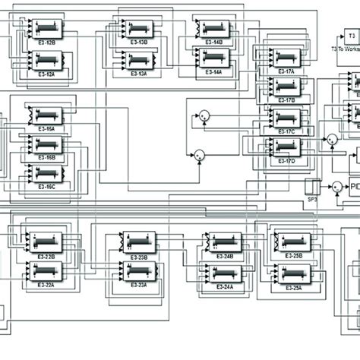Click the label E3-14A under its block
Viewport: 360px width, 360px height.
pos(212,71)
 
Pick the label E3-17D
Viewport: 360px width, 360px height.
pos(286,160)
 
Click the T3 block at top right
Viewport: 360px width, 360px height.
pos(351,34)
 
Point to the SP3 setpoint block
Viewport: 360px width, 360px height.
pos(311,186)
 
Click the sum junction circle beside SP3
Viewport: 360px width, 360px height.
pos(335,186)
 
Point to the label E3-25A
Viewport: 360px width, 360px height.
pos(293,287)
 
